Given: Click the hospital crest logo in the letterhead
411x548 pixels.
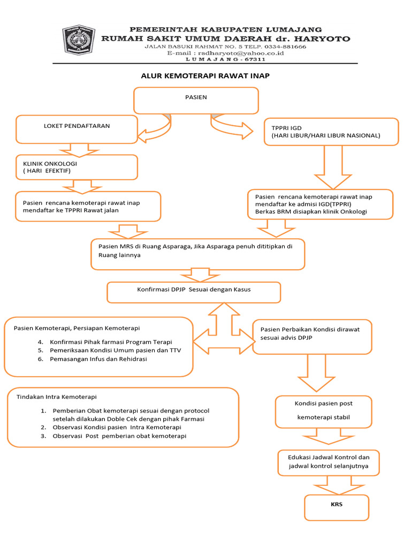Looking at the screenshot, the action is [x=79, y=40].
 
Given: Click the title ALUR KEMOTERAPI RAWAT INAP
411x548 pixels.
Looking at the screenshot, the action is [x=205, y=76].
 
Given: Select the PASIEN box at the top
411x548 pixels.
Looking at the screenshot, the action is [x=196, y=101].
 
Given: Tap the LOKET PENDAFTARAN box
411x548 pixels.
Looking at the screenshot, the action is [x=77, y=130].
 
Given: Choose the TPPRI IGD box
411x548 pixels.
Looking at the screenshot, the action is [x=331, y=132].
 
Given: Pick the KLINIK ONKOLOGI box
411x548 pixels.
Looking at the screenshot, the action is [x=77, y=168].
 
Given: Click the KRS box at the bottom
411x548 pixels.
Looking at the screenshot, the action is [x=337, y=507].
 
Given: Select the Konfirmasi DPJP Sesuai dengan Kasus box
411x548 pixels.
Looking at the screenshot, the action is [x=194, y=293].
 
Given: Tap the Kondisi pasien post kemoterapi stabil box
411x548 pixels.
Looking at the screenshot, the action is [x=324, y=412].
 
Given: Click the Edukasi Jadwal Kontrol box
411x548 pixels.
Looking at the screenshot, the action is [x=329, y=463].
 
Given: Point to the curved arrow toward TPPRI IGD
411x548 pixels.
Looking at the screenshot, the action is [x=231, y=126].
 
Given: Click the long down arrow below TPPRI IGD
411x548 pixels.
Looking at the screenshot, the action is [x=333, y=167].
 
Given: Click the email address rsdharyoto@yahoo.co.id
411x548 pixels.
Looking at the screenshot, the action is [x=241, y=53].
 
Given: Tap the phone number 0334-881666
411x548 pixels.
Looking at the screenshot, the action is [x=285, y=47].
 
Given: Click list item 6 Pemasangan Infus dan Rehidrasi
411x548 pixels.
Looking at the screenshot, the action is [x=93, y=359].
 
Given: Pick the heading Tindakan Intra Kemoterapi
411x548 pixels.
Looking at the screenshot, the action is [x=57, y=397].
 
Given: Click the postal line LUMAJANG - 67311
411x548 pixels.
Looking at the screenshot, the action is [x=225, y=59].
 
